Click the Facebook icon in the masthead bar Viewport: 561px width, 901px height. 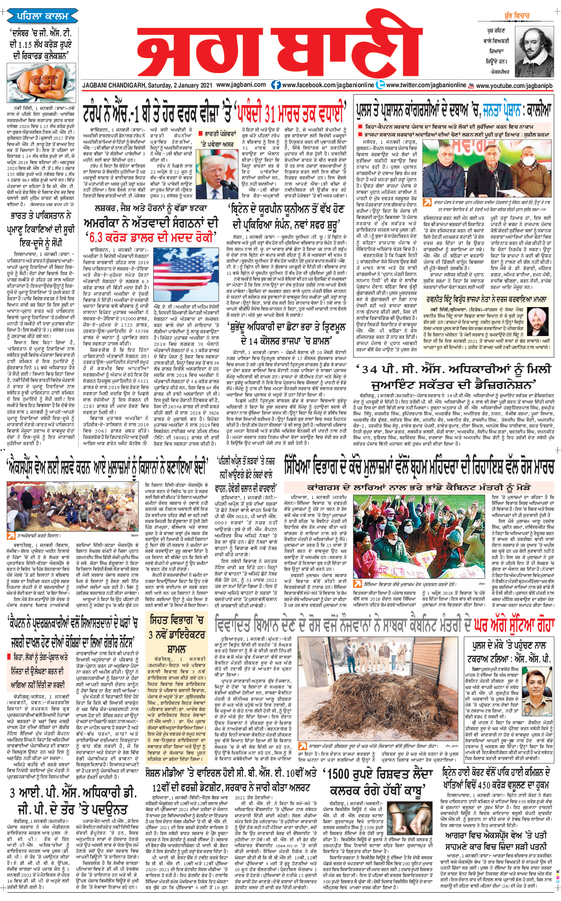click(276, 85)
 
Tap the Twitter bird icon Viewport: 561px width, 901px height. click(380, 85)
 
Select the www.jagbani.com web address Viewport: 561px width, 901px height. click(241, 85)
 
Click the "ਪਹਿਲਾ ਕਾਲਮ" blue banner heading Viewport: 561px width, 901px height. click(42, 16)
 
